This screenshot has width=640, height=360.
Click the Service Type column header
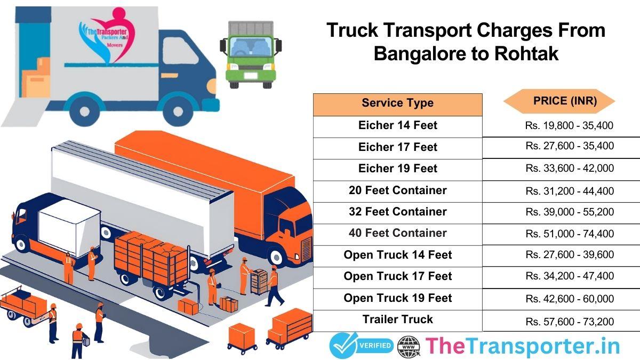click(x=397, y=103)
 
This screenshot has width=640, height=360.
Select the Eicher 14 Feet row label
click(x=397, y=125)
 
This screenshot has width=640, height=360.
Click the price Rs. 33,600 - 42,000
click(x=569, y=169)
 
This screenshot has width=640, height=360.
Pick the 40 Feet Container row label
click(x=397, y=233)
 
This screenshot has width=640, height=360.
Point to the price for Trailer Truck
click(x=569, y=321)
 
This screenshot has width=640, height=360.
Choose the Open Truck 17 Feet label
click(x=397, y=276)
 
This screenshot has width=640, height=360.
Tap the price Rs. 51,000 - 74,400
click(x=569, y=234)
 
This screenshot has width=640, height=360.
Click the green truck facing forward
click(x=249, y=53)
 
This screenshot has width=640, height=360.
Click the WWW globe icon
click(x=409, y=346)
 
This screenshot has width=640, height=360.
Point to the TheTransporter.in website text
click(x=522, y=346)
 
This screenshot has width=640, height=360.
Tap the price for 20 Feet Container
click(x=569, y=190)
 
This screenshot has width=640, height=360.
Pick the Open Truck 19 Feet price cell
click(x=569, y=299)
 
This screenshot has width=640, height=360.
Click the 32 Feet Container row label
click(x=397, y=212)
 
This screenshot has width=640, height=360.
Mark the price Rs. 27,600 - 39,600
click(x=569, y=255)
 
